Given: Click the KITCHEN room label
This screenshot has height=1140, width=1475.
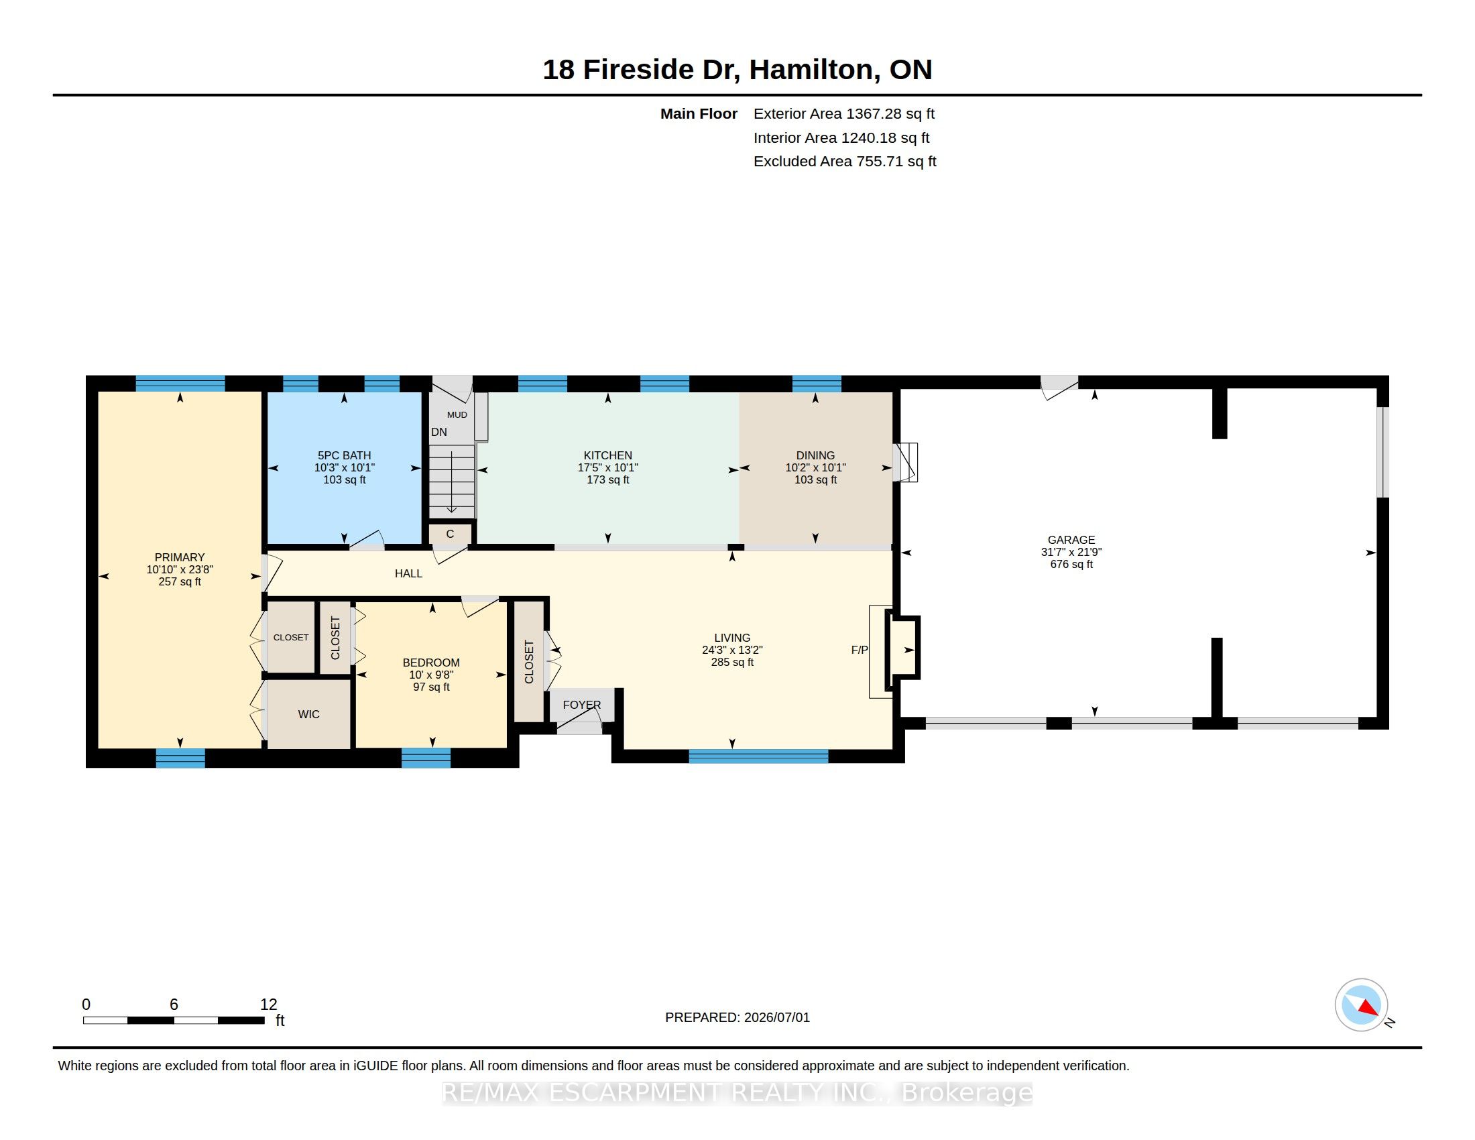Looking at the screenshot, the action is click(x=608, y=455).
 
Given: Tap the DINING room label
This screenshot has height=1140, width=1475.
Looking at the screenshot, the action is click(x=815, y=455).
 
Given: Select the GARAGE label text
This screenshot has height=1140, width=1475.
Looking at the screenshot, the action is click(x=1071, y=540).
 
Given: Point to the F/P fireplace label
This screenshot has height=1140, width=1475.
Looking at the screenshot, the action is click(x=860, y=650).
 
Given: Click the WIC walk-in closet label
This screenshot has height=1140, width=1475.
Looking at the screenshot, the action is click(x=308, y=714).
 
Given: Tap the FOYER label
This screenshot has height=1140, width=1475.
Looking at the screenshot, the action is click(x=581, y=704).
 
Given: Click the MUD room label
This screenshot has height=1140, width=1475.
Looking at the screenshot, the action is click(x=457, y=414).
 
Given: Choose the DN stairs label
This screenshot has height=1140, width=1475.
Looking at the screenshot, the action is click(x=439, y=432).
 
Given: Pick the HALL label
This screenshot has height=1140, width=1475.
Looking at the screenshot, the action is click(x=408, y=573).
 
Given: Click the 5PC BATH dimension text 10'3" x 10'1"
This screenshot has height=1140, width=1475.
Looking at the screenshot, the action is click(x=345, y=467).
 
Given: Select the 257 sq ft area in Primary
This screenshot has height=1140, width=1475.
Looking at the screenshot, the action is click(x=180, y=581).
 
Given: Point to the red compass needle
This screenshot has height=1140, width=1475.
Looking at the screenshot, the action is click(x=1368, y=1008).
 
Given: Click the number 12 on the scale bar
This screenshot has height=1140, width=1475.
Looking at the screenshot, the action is click(x=269, y=1005).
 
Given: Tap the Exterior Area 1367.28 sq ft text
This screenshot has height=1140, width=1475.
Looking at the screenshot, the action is click(x=844, y=113).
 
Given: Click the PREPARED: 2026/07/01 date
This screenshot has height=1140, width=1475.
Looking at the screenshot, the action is click(x=737, y=1017).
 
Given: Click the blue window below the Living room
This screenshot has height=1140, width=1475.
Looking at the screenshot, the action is click(x=758, y=756).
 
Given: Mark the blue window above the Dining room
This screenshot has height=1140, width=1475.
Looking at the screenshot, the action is click(x=817, y=384).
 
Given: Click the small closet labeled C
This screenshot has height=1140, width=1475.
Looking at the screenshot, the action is click(x=450, y=534).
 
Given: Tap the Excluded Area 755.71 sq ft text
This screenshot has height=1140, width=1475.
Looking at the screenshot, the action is click(x=845, y=162).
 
